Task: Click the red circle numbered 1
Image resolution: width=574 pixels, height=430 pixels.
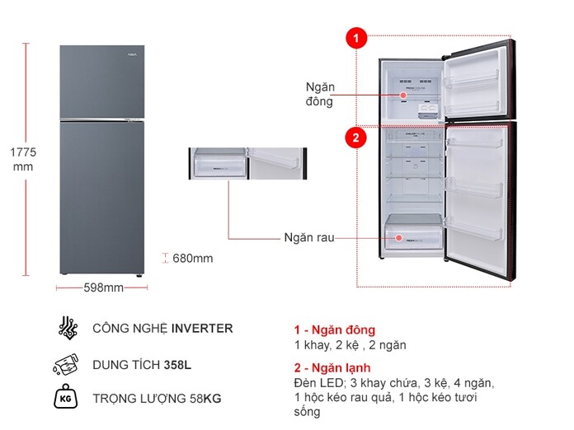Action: point(355,38)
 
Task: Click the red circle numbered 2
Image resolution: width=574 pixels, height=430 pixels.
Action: point(355,138)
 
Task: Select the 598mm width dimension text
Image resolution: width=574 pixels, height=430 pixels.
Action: point(103,287)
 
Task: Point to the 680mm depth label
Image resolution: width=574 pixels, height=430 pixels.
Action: point(192,259)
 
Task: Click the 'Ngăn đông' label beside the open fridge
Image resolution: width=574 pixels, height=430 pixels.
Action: point(319,94)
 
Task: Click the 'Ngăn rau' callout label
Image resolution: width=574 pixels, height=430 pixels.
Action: point(309,237)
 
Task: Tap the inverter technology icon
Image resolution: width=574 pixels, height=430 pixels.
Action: point(68,328)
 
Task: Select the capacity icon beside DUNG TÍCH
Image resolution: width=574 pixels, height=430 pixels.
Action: point(68,364)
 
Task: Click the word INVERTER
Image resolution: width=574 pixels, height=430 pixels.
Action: point(202,329)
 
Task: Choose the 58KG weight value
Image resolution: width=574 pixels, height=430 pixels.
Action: point(202,400)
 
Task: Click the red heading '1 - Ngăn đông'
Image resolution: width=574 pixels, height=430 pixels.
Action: point(334,330)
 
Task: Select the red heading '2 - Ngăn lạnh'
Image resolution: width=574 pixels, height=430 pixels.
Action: point(332,367)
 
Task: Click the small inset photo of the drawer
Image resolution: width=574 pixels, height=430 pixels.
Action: point(247,164)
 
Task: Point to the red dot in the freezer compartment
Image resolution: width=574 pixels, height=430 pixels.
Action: point(404,96)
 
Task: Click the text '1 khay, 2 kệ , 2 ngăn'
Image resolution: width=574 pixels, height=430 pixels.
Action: point(350,345)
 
